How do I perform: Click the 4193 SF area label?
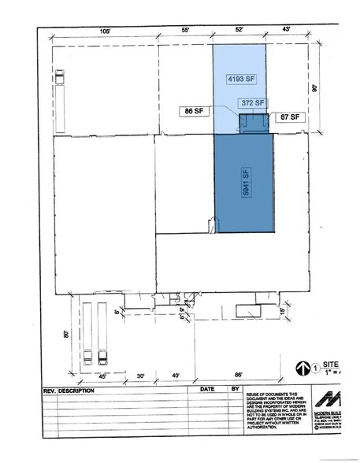(243, 80)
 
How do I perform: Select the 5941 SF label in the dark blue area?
(245, 183)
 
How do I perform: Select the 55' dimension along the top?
(186, 30)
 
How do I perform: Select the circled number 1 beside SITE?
(316, 368)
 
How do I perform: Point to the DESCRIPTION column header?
(76, 390)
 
